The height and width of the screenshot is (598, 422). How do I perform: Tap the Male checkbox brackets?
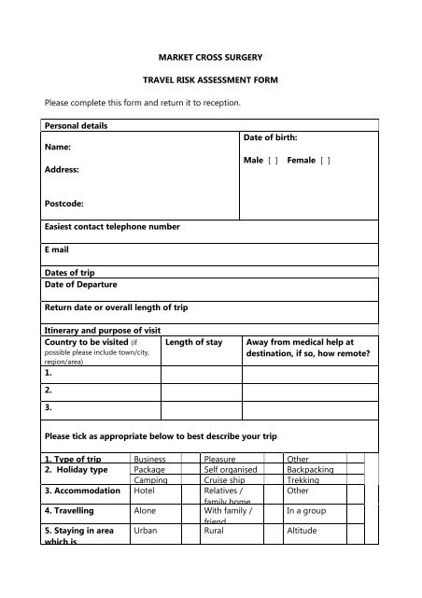[274, 160]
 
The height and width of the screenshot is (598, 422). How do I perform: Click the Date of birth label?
[271, 136]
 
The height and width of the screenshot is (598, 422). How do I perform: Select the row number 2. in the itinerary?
[49, 390]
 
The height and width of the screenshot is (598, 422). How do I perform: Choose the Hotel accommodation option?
[144, 490]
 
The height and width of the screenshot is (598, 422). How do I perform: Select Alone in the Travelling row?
[146, 511]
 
